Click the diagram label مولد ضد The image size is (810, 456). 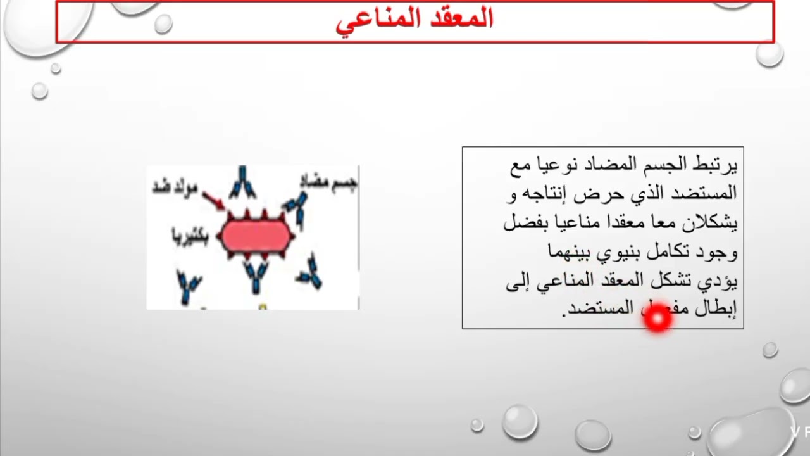(175, 188)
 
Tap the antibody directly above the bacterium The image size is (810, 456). (242, 182)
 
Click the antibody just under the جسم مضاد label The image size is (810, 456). (296, 209)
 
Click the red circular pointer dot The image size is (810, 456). (657, 319)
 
